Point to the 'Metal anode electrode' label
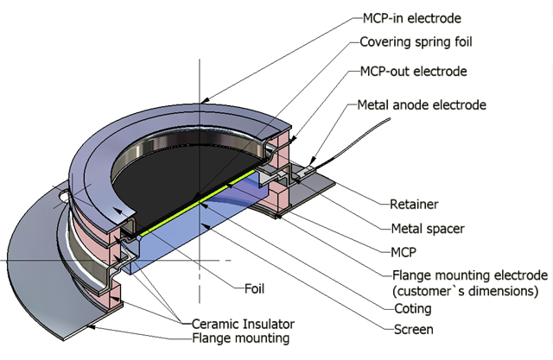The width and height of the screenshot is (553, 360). pos(423,105)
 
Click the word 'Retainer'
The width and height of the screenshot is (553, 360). pos(413,205)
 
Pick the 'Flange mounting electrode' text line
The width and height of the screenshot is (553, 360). pos(468,275)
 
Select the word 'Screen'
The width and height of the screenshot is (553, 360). pos(411,329)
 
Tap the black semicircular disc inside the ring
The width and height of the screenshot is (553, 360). pos(199,164)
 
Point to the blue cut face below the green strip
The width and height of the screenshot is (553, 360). pos(199,233)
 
